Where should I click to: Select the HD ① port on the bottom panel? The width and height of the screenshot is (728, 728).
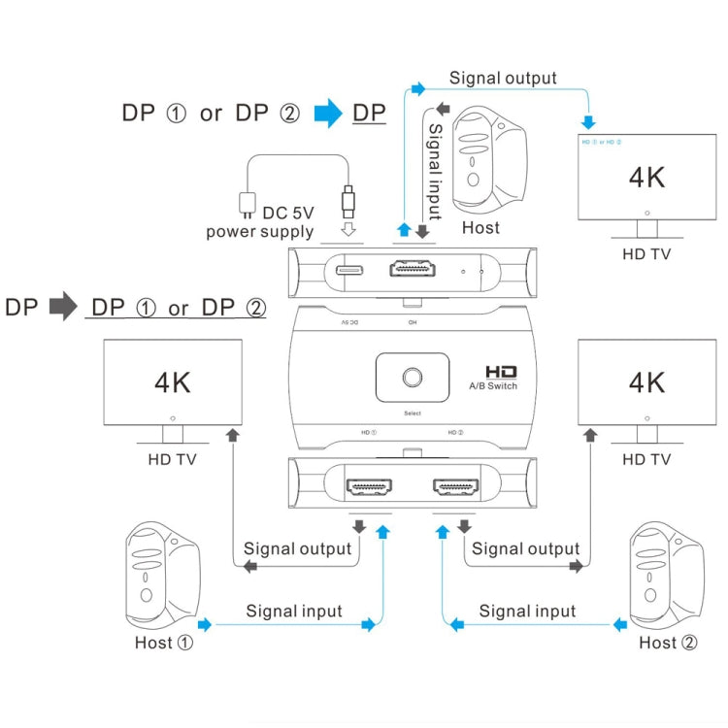pos(370,482)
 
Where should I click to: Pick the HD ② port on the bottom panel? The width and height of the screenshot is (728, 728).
pos(455,482)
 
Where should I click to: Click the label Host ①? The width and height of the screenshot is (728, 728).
pos(165,643)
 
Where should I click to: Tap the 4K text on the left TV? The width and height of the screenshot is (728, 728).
pos(173,381)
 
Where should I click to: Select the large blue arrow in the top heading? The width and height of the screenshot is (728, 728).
pos(329,114)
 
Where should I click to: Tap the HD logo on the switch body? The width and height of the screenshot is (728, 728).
pos(499,371)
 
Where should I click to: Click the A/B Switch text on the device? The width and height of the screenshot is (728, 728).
pos(493,386)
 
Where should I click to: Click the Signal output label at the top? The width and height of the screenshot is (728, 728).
pos(503,78)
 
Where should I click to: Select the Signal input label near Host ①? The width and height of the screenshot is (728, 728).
pos(294,611)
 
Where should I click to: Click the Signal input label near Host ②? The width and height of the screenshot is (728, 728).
pos(527,611)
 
